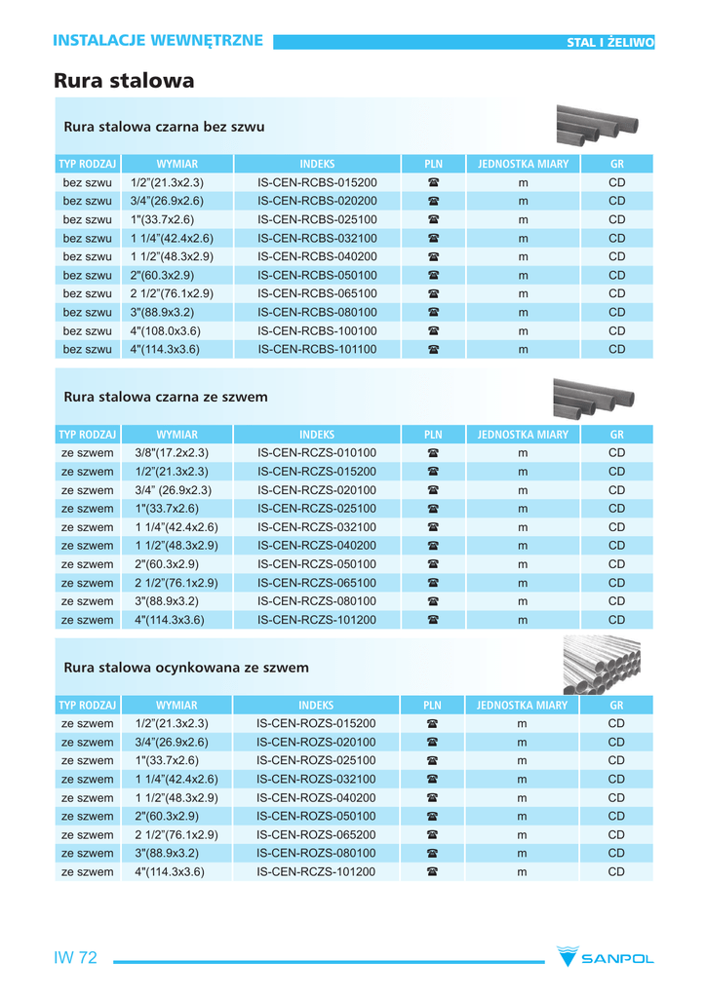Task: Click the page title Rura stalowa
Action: coord(124,81)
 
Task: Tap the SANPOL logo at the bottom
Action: coord(605,958)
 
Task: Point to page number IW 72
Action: coord(75,958)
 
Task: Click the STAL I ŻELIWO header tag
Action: coord(610,42)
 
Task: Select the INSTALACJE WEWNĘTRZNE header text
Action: coord(158,40)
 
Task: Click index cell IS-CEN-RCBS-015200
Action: coord(317,182)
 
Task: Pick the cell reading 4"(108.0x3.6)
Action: coord(167,330)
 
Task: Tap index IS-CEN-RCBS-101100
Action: coord(317,349)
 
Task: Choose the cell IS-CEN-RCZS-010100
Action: coord(317,453)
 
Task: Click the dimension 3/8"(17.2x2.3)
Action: coord(172,453)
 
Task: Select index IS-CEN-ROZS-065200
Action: coord(316,835)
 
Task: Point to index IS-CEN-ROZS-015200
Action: coord(316,724)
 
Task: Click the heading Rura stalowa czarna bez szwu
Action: coord(164,127)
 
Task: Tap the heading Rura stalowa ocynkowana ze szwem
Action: coord(186,668)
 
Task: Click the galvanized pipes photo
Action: coord(603,666)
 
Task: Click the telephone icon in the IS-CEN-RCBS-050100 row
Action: coord(433,275)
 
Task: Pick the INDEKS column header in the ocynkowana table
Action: coord(316,706)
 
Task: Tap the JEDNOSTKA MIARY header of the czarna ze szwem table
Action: coord(523,435)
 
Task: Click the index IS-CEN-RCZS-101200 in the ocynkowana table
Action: coord(316,872)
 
